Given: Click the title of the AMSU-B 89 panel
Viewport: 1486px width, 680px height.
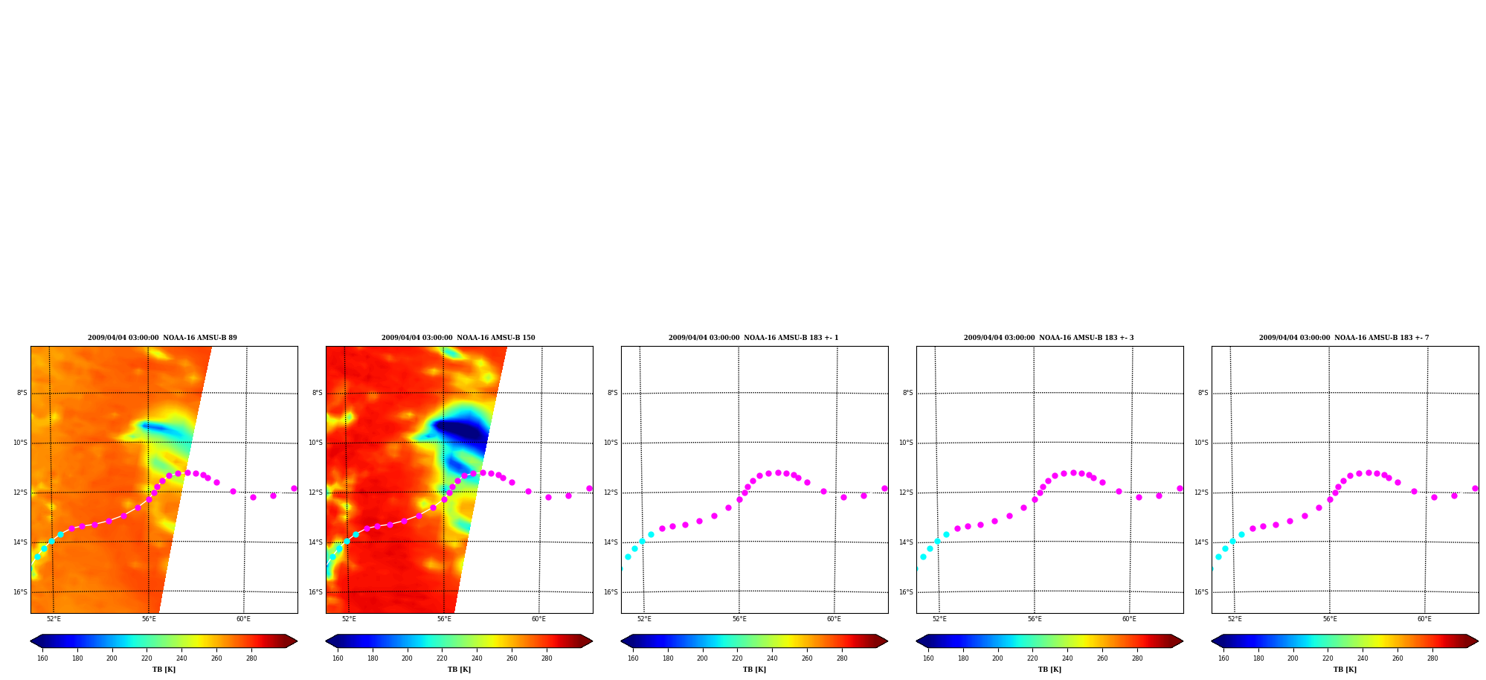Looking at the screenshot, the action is pos(162,338).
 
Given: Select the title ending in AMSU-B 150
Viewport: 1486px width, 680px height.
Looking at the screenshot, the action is pos(458,338).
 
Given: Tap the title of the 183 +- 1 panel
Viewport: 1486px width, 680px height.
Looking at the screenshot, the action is pos(753,338).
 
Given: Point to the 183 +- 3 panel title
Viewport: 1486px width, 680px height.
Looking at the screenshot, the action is pos(1049,338).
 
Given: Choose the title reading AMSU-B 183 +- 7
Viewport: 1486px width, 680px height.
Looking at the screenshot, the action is pos(1344,338).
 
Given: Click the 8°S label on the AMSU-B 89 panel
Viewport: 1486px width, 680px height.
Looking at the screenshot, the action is pos(22,393).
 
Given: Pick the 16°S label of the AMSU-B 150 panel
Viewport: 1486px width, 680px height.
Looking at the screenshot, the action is pos(315,592).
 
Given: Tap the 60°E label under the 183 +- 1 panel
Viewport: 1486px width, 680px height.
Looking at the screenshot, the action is pos(834,619).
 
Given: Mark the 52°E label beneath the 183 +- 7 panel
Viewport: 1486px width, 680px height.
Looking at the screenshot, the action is pos(1235,619).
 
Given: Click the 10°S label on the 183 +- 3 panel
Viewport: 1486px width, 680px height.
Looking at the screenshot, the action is pos(906,443).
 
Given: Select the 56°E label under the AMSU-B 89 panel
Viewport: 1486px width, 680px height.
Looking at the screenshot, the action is pos(149,619).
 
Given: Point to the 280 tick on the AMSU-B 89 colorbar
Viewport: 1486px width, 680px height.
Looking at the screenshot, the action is pos(251,658).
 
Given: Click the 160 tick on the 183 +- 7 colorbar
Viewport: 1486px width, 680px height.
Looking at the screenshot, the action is pos(1223,658).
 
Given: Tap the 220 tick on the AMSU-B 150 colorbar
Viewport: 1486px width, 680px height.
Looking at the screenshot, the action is pos(442,658).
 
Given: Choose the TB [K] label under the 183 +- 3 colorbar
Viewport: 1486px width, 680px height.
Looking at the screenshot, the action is pos(1049,670).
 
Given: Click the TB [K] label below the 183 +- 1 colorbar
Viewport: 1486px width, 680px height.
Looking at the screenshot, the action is pos(754,670).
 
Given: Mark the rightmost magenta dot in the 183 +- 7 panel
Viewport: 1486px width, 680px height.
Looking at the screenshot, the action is pos(1475,489).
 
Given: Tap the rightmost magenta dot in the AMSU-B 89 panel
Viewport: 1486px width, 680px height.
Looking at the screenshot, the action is pos(294,489).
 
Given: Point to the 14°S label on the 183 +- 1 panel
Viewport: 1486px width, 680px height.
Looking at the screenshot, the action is pos(611,542).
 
